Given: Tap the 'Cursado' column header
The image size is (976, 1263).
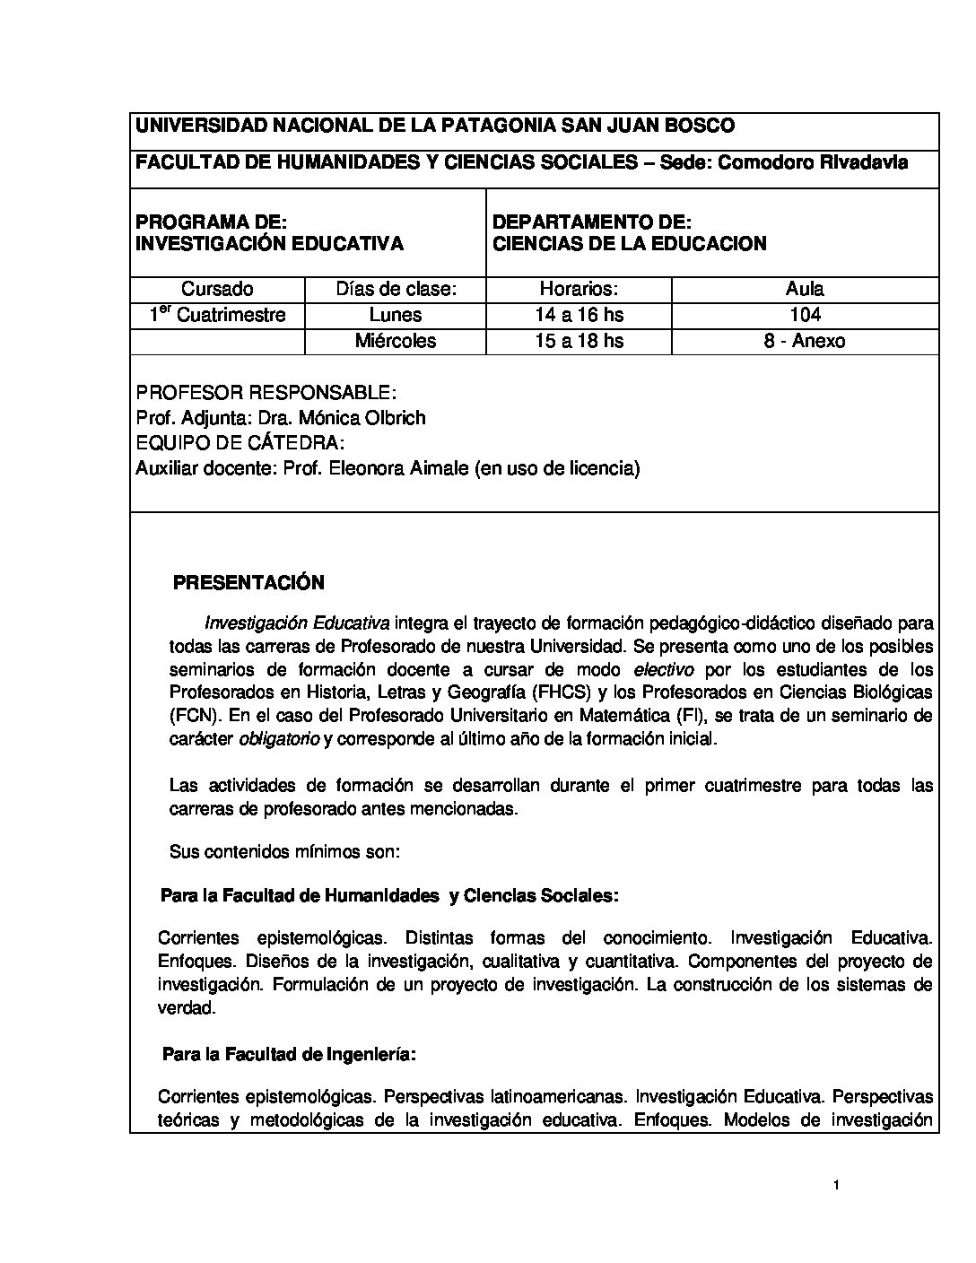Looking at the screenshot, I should [217, 289].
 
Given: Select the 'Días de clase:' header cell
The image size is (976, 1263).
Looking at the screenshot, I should [396, 289].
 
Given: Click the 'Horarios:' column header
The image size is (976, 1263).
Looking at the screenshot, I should [579, 289].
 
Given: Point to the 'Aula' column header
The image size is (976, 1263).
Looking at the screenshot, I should [805, 289].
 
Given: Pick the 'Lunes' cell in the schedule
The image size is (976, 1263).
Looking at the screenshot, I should [396, 315].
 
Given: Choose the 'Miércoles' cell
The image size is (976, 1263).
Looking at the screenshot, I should [396, 341].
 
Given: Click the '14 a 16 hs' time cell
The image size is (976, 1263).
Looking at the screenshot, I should [579, 315].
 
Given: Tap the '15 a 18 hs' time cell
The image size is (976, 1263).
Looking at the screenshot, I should [579, 341].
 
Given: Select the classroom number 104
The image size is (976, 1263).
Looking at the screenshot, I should [805, 315].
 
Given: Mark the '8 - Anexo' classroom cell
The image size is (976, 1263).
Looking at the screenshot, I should [805, 341].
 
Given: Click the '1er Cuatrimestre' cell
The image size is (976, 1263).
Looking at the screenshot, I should [217, 315].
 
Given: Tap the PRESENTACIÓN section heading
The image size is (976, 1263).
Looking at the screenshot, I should [248, 583].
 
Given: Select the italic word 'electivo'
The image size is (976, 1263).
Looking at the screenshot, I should [664, 669].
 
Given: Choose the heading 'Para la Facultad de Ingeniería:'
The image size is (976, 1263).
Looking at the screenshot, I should [288, 1055].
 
